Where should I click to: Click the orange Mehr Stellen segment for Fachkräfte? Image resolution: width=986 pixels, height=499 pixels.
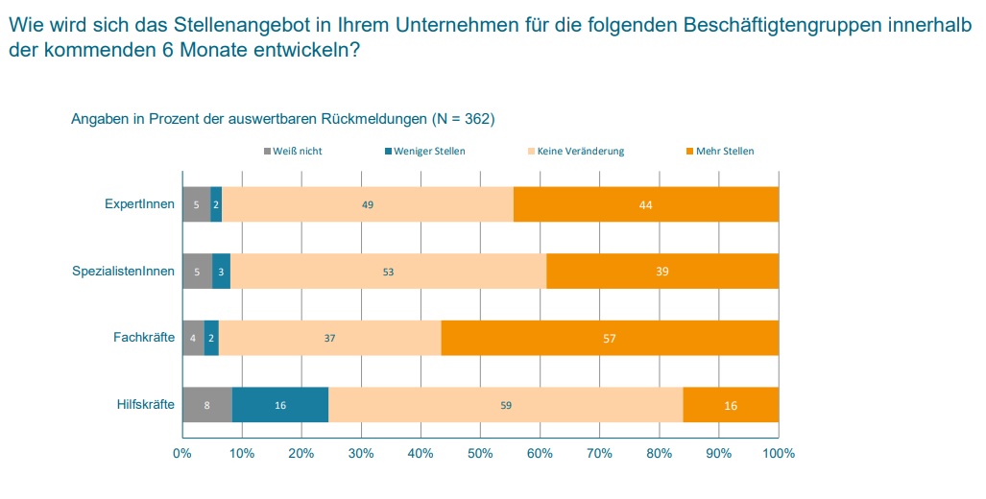[x=610, y=338]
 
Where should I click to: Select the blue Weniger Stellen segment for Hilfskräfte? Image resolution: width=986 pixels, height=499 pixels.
[x=280, y=405]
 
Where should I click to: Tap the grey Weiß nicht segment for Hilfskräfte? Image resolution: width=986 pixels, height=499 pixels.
[x=207, y=405]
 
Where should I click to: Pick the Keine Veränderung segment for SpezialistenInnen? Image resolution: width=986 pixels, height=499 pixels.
[x=388, y=272]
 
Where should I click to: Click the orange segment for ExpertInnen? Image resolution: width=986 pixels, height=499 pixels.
[x=646, y=204]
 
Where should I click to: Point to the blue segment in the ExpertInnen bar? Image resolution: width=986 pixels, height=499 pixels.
[x=217, y=204]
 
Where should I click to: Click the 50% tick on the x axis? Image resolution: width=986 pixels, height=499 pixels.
[x=480, y=453]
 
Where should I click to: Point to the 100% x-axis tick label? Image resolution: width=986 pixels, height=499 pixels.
[x=778, y=453]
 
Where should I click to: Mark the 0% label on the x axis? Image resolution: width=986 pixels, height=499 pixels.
[x=182, y=453]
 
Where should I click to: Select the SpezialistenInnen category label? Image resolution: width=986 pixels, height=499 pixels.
[x=124, y=272]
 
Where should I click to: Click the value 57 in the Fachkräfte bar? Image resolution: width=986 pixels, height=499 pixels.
[x=610, y=339]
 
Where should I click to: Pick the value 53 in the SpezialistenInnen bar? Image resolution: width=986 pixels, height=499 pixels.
[x=388, y=272]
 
